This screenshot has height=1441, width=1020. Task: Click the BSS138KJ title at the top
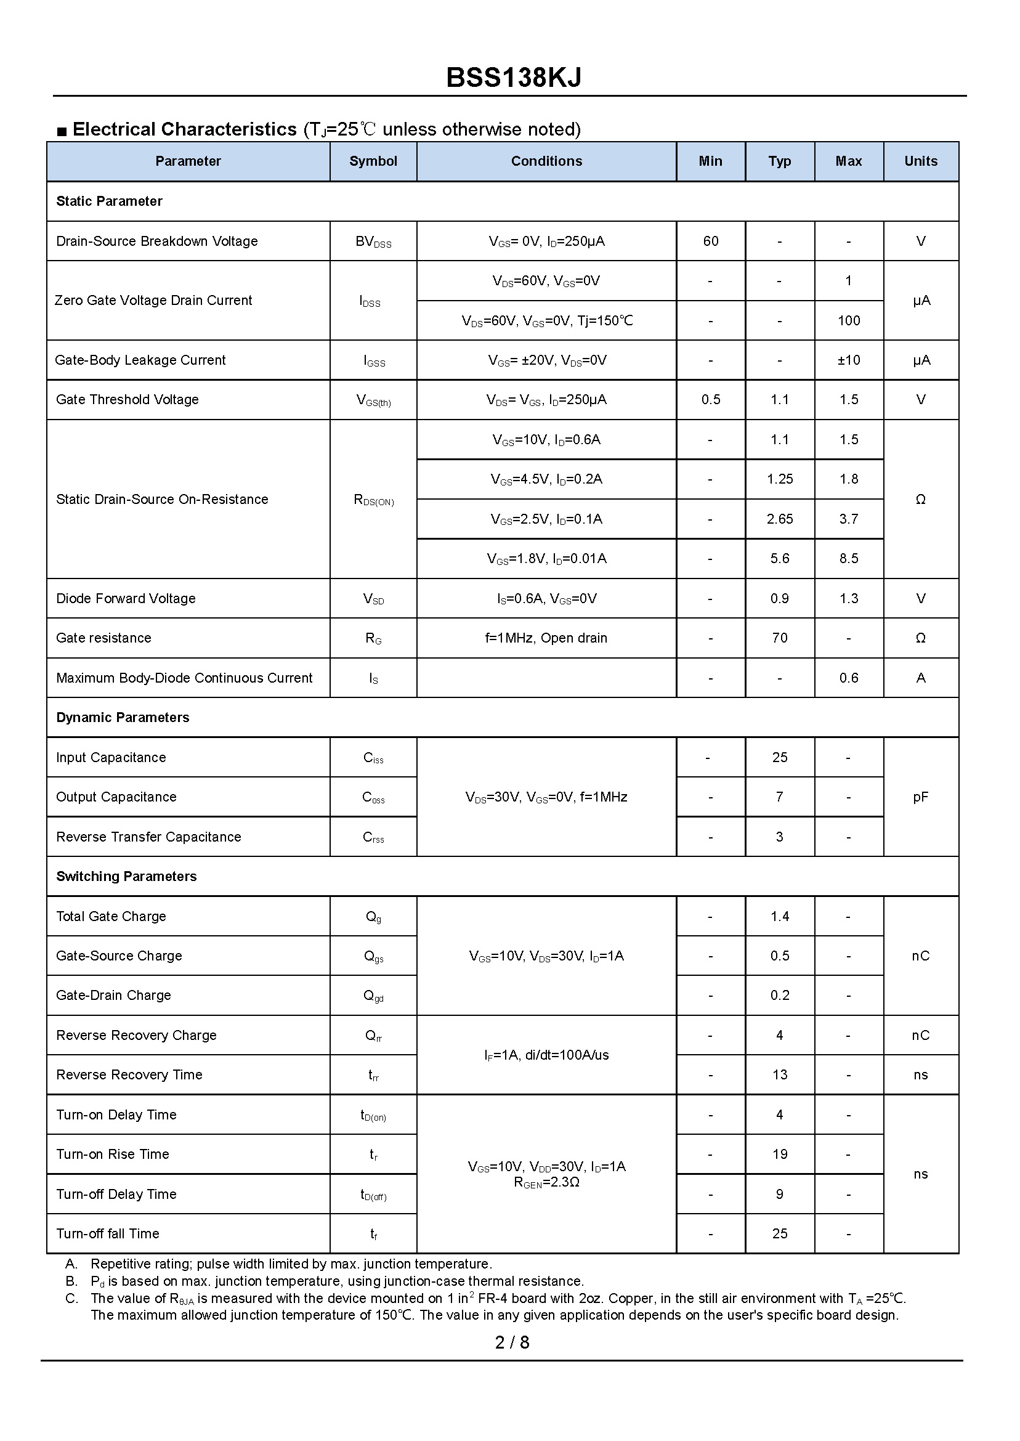513,78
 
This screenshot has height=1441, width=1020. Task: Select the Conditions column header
546,161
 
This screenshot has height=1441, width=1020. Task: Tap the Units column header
920,161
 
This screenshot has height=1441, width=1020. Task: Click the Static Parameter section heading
109,201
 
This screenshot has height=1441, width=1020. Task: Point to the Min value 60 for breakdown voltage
710,242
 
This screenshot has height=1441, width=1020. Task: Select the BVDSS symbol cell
373,242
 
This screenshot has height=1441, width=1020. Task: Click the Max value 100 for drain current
848,321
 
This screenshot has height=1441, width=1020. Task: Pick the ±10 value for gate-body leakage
848,360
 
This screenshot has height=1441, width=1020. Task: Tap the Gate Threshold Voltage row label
127,400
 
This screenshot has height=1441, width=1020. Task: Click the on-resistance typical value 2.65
779,519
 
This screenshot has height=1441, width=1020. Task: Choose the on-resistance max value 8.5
848,559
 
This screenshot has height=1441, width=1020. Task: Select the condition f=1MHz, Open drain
546,638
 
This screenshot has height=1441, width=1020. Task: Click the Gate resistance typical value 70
779,638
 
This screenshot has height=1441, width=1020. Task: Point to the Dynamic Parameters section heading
123,718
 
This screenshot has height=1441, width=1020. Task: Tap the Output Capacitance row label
116,797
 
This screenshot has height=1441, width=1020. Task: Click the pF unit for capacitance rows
920,797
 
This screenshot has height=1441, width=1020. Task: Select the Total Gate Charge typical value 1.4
779,917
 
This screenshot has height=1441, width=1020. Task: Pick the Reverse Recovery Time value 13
779,1075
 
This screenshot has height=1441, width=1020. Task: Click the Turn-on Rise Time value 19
779,1155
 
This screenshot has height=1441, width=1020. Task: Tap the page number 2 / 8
512,1343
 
